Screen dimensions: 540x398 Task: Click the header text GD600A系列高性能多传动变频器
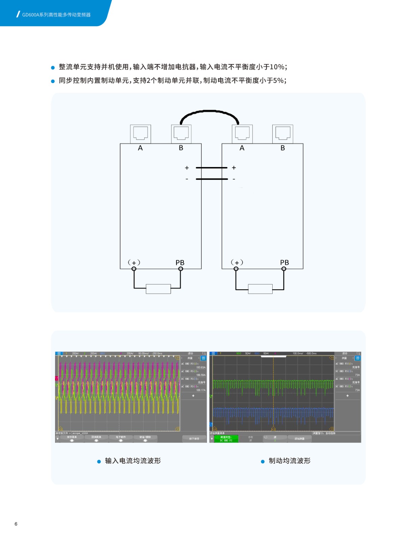point(56,15)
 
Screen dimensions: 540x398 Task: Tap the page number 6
point(16,524)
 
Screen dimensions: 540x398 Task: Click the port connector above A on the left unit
point(140,134)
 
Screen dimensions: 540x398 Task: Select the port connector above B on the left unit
point(181,134)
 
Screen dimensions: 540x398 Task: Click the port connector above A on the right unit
point(242,134)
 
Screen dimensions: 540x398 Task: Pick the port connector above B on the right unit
point(282,134)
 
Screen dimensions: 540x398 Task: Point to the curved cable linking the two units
point(209,111)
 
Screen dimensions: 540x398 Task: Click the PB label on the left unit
point(180,263)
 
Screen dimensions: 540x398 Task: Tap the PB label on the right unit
point(284,263)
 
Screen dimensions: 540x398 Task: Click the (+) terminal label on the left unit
point(134,263)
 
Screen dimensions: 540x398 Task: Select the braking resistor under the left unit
point(158,289)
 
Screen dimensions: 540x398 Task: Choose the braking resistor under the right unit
point(260,289)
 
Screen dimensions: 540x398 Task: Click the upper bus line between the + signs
point(212,168)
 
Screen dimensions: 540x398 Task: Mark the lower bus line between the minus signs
point(212,179)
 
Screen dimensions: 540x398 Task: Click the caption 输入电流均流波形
point(133,461)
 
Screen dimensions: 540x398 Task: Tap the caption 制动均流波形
point(290,461)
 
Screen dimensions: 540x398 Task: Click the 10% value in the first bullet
point(277,67)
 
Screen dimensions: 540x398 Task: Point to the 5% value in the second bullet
point(278,81)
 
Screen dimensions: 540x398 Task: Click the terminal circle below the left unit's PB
point(181,269)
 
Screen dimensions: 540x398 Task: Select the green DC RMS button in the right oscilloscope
point(226,439)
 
